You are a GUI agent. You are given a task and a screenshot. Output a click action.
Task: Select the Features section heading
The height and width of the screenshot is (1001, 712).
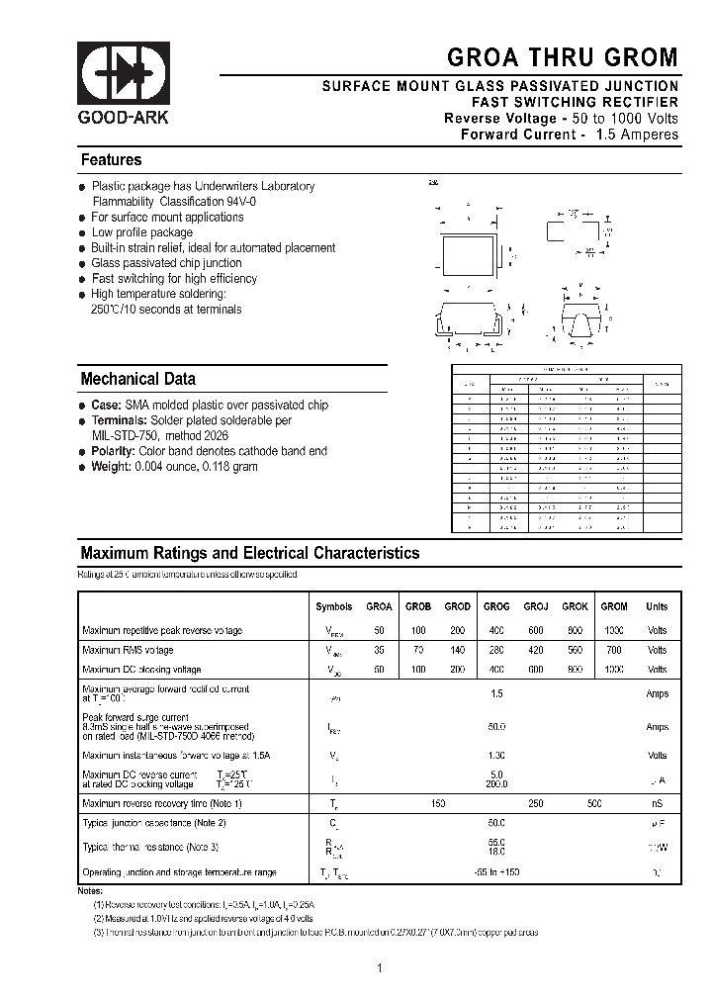pyautogui.click(x=111, y=160)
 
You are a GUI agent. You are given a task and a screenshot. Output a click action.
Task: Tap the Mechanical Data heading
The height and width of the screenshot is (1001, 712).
pyautogui.click(x=137, y=379)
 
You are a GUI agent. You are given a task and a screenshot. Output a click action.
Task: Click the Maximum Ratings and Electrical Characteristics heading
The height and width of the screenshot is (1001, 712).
pyautogui.click(x=249, y=554)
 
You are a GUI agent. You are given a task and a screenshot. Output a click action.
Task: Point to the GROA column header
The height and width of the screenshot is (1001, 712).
pyautogui.click(x=380, y=606)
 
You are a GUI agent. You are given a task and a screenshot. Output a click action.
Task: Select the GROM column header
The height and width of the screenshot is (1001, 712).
pyautogui.click(x=614, y=606)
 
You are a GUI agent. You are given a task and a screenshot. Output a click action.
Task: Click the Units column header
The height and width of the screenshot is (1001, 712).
pyautogui.click(x=657, y=606)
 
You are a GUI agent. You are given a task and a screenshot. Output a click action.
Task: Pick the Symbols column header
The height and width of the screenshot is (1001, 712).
pyautogui.click(x=333, y=606)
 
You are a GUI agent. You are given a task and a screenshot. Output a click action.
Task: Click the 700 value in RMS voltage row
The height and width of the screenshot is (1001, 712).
pyautogui.click(x=614, y=650)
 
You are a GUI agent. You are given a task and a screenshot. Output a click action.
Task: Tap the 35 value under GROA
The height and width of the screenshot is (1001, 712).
pyautogui.click(x=380, y=650)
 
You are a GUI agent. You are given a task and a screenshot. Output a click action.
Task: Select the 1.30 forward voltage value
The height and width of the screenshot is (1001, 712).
pyautogui.click(x=496, y=755)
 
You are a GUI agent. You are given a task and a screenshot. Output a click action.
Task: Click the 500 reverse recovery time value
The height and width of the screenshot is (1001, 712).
pyautogui.click(x=594, y=804)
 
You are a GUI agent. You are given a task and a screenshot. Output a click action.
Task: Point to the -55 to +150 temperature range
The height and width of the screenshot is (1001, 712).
pyautogui.click(x=496, y=871)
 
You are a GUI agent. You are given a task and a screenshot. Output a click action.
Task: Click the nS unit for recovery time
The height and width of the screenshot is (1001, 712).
pyautogui.click(x=657, y=804)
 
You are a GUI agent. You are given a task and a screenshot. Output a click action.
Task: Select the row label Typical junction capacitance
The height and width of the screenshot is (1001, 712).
pyautogui.click(x=154, y=823)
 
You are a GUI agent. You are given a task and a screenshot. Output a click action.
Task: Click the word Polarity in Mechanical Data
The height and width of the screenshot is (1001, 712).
pyautogui.click(x=113, y=451)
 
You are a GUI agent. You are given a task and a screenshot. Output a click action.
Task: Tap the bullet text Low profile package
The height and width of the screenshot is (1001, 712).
pyautogui.click(x=141, y=232)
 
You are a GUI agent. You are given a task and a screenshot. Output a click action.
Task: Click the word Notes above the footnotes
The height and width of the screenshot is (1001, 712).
pyautogui.click(x=90, y=890)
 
